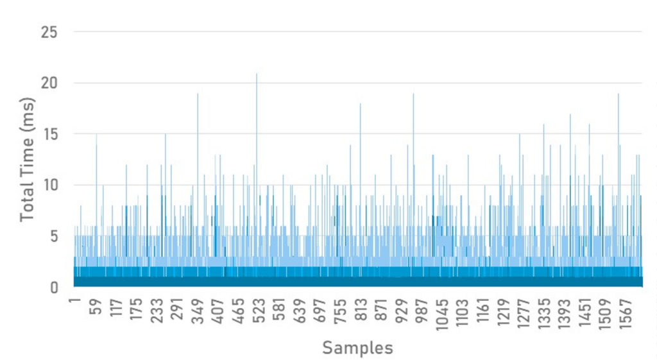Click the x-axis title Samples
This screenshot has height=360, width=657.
click(x=357, y=348)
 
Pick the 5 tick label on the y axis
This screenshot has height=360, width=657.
click(x=55, y=236)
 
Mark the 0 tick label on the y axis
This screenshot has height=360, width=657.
click(x=55, y=287)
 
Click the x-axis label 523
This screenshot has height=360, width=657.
click(x=259, y=311)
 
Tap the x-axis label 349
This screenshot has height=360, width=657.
click(x=198, y=311)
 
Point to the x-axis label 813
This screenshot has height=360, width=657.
click(x=361, y=311)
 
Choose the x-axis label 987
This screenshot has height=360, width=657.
click(x=422, y=311)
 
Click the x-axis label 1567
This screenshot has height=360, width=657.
click(x=625, y=314)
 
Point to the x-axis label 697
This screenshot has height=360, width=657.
click(x=320, y=311)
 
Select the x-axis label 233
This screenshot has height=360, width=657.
click(x=157, y=311)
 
